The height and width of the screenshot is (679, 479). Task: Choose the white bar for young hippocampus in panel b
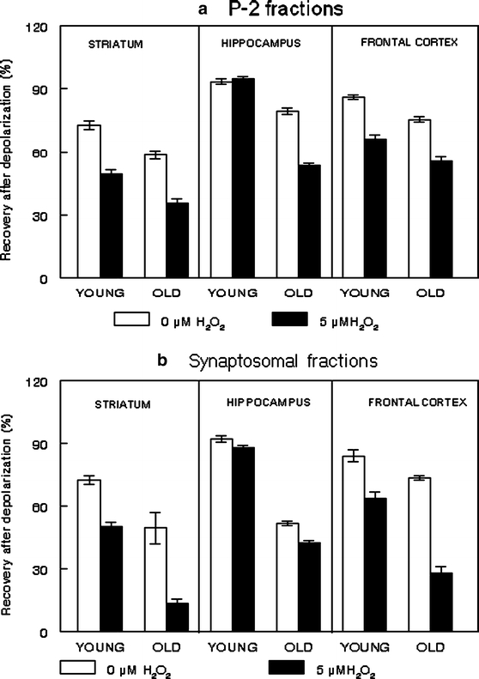click(221, 535)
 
